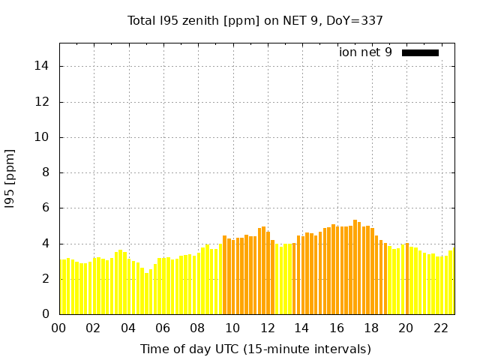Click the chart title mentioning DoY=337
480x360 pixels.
click(255, 20)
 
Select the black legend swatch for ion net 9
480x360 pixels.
click(420, 52)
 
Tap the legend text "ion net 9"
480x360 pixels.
click(365, 52)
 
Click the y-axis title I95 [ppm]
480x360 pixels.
click(10, 178)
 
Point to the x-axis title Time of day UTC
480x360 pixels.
click(255, 349)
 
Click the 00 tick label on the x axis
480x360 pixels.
click(59, 328)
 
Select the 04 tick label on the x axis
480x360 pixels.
click(128, 328)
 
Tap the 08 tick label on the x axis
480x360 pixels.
click(198, 328)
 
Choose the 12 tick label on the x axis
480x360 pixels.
click(267, 328)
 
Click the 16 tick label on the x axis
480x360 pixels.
click(337, 328)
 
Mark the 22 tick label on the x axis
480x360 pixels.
click(440, 328)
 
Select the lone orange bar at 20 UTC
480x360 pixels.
click(406, 279)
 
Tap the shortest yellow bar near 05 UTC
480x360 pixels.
click(146, 293)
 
